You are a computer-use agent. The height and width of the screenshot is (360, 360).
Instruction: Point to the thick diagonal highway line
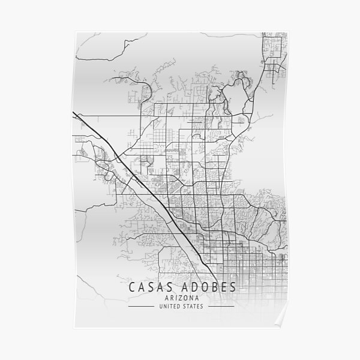138,179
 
